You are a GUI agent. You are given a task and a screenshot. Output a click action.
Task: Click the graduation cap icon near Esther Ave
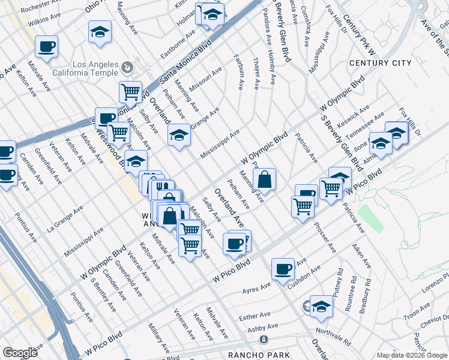322,307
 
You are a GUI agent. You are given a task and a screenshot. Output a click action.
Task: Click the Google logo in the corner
20,353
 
